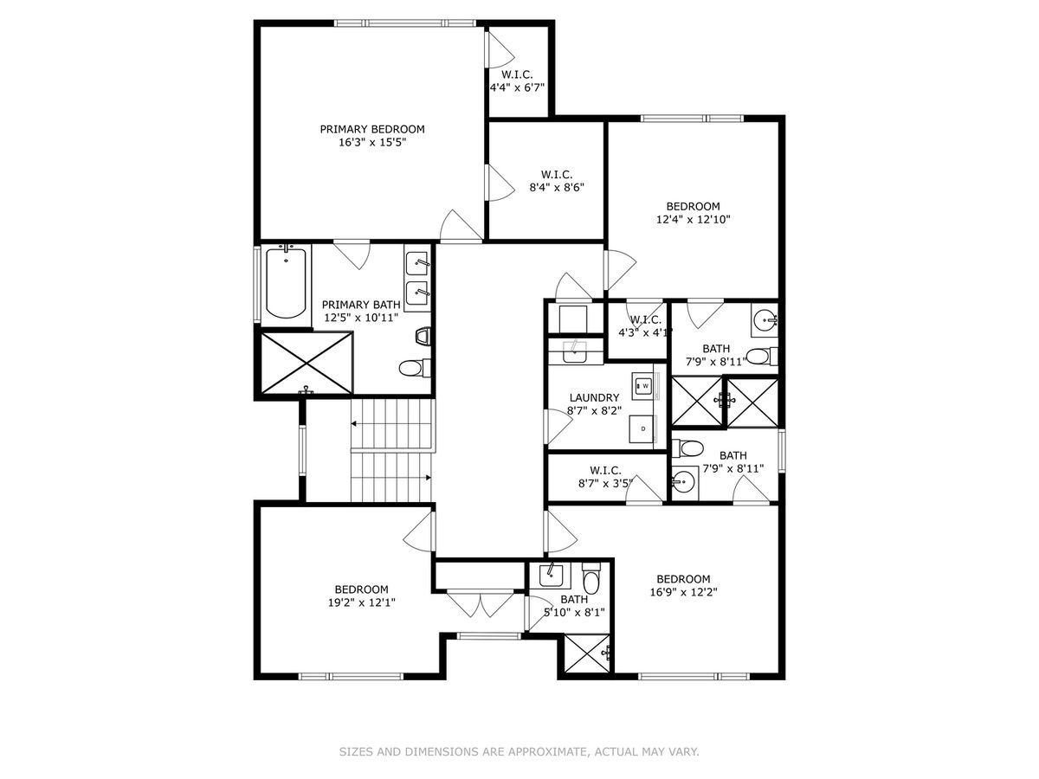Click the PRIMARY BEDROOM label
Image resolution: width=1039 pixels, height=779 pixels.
tap(372, 129)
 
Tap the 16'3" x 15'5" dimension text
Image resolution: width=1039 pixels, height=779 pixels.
tap(372, 142)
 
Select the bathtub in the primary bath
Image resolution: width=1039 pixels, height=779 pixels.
tap(286, 283)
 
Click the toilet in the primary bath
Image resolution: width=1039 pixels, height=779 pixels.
tap(415, 368)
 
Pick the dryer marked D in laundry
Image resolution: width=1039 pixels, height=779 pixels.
tap(642, 429)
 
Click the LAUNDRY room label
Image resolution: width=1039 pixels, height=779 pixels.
tap(594, 398)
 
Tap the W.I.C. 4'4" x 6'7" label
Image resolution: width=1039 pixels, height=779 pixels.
tap(517, 80)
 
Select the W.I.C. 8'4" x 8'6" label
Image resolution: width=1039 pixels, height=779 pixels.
tap(557, 181)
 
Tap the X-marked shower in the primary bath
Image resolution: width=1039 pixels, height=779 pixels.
tap(307, 363)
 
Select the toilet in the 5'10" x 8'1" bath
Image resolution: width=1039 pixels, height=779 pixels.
tap(590, 579)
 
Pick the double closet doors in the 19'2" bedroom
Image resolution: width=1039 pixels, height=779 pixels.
tap(480, 603)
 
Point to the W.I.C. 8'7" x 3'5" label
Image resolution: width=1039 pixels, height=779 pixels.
tap(605, 477)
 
